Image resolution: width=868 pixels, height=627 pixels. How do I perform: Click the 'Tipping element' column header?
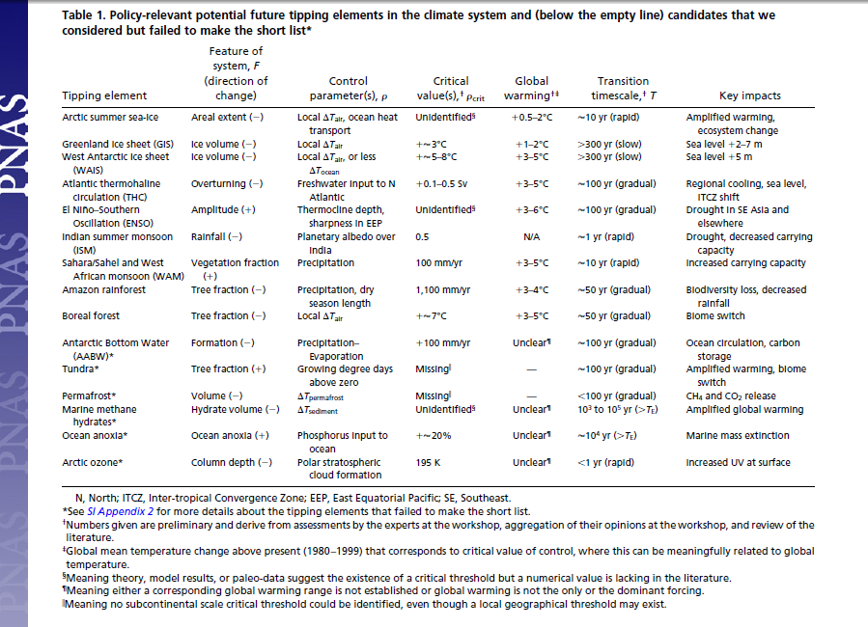click(x=104, y=95)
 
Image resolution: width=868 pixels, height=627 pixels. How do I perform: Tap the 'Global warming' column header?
click(x=531, y=88)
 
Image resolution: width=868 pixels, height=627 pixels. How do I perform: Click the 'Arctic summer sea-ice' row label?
click(x=110, y=117)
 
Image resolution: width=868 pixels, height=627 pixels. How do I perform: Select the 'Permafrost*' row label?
click(x=89, y=395)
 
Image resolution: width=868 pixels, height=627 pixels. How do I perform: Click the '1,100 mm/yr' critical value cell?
click(x=443, y=289)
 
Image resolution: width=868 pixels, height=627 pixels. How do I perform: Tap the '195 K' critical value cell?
click(x=428, y=462)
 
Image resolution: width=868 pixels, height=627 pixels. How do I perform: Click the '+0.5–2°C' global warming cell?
click(x=531, y=117)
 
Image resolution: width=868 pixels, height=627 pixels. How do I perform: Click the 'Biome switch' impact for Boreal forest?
click(x=715, y=315)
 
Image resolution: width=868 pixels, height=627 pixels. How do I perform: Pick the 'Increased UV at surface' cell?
click(x=738, y=462)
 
